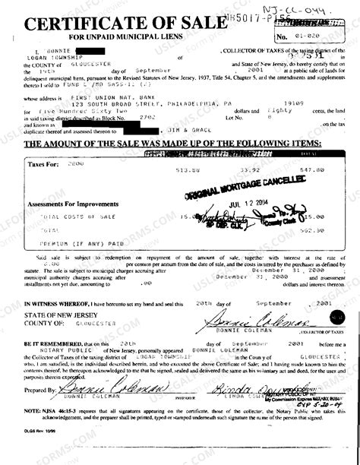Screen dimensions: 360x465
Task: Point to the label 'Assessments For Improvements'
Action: click(66, 204)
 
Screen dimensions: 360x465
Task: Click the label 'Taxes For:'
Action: click(43, 163)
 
